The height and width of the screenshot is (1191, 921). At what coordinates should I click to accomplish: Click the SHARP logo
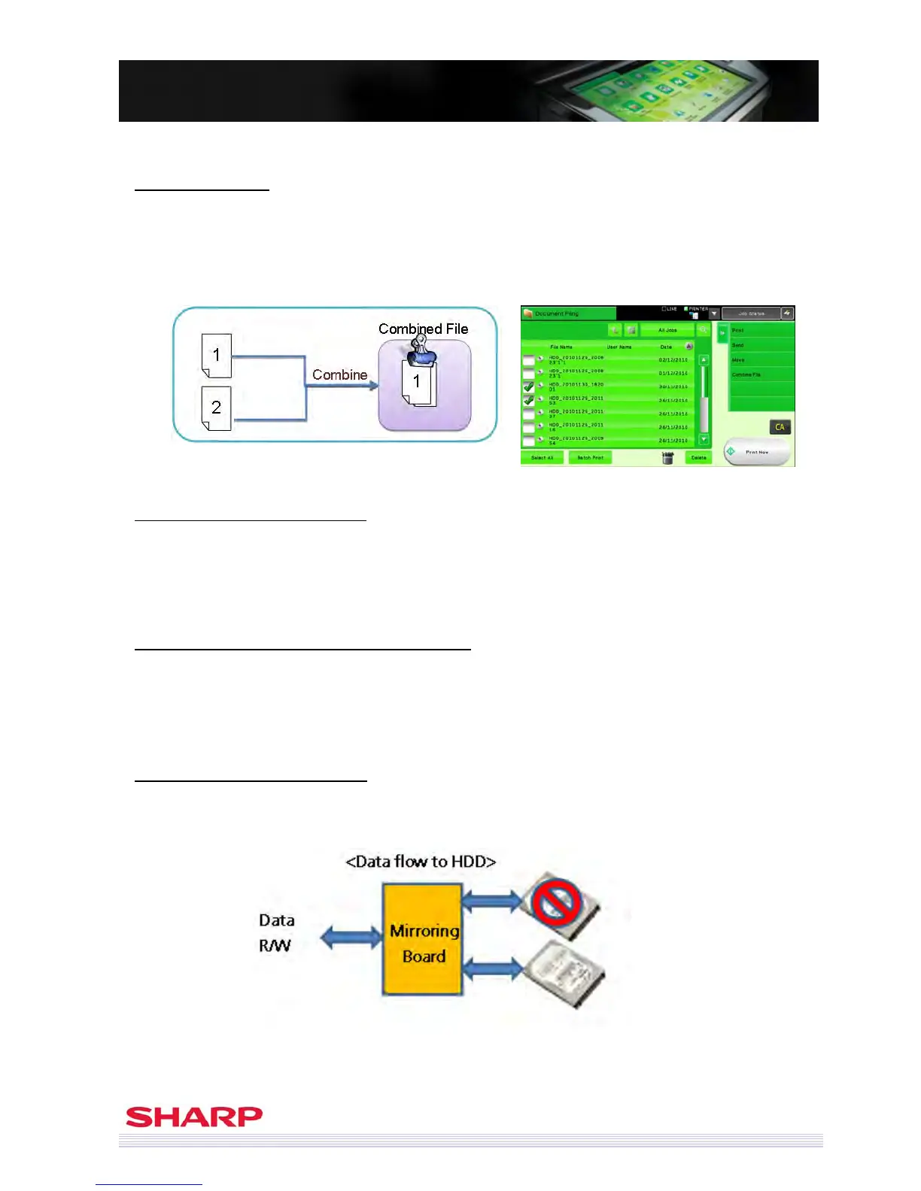tap(194, 1117)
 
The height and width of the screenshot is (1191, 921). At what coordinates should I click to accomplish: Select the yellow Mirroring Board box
tap(423, 940)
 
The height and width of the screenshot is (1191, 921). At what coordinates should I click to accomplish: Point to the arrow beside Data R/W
tap(351, 937)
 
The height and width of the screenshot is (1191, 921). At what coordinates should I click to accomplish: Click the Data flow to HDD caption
tap(421, 862)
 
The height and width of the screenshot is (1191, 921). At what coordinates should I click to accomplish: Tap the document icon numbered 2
tap(217, 408)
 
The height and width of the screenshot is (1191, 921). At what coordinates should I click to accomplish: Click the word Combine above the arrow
tap(339, 374)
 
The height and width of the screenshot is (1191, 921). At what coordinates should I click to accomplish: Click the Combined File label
tap(423, 329)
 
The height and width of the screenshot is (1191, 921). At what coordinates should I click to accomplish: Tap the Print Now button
tap(756, 452)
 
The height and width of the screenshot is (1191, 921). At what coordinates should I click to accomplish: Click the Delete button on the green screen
tap(698, 457)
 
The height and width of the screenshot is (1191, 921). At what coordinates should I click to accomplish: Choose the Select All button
tap(542, 457)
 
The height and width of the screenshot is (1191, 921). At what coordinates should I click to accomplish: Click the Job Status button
tap(751, 314)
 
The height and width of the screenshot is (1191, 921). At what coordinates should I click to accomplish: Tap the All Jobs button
tap(667, 330)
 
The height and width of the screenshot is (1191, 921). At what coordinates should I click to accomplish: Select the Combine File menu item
tap(746, 374)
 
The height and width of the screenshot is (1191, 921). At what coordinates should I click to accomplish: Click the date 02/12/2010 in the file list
tap(673, 360)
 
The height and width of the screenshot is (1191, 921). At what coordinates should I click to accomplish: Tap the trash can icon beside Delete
tap(667, 457)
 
